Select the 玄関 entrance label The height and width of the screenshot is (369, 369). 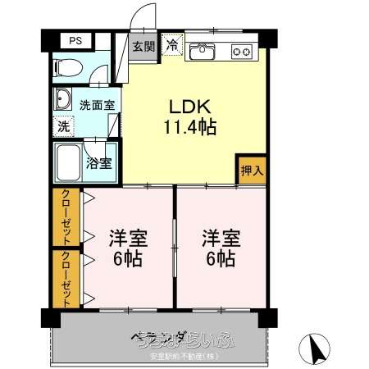(144, 46)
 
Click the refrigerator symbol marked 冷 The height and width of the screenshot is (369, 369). (172, 45)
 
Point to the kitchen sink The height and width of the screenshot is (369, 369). (202, 51)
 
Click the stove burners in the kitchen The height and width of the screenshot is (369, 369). (242, 51)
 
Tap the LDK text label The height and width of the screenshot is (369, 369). (190, 107)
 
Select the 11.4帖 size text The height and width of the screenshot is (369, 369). (192, 127)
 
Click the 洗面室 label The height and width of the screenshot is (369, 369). (97, 105)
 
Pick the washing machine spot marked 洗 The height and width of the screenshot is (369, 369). (62, 128)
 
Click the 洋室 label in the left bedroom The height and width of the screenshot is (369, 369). (128, 239)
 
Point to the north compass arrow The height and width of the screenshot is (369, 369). (317, 351)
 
